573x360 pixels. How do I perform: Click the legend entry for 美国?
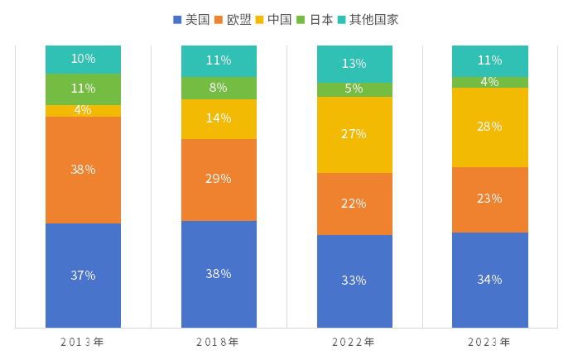[x=191, y=19]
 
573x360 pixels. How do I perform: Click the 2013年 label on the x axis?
[x=82, y=342]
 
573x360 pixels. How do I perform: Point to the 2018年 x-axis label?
[x=218, y=342]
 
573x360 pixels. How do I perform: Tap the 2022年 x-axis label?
[x=354, y=342]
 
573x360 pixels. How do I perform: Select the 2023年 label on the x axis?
[x=489, y=342]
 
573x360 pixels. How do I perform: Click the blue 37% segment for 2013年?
[x=83, y=276]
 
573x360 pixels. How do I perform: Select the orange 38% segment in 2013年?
[x=83, y=170]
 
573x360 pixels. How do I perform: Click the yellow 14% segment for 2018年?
[x=219, y=118]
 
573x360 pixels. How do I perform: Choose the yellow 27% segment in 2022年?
[x=354, y=134]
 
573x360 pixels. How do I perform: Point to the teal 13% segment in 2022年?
[x=354, y=64]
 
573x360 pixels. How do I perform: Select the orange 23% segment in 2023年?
[x=489, y=199]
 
